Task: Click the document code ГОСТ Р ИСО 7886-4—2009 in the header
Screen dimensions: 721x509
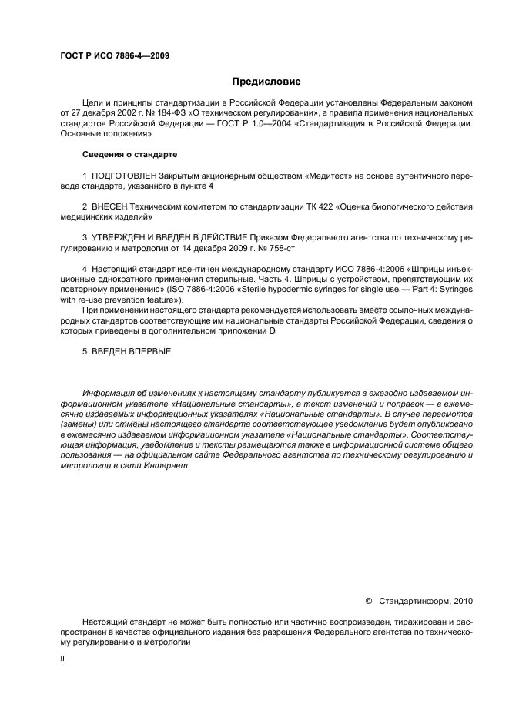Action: [x=115, y=56]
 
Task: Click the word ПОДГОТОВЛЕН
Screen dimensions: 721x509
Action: [x=121, y=176]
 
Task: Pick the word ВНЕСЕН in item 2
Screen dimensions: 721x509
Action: [x=109, y=206]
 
